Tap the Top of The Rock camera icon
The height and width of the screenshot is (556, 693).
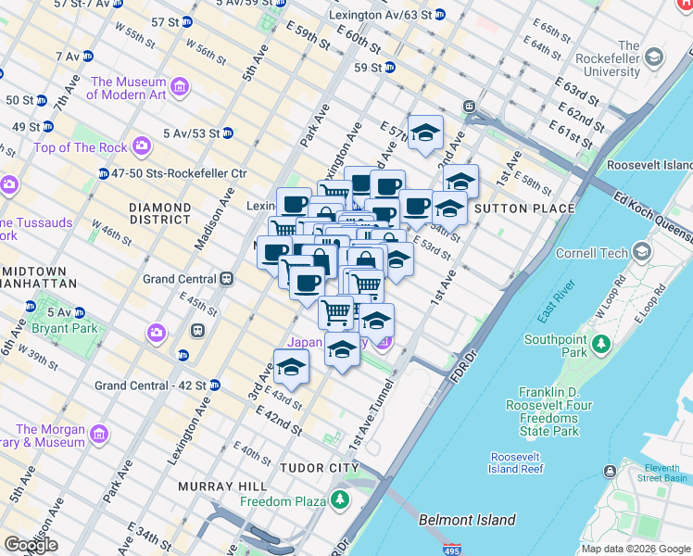(x=142, y=146)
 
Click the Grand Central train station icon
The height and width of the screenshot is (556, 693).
(x=226, y=279)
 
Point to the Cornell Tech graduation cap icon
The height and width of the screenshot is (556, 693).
(x=642, y=252)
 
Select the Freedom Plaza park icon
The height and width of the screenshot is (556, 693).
(x=341, y=501)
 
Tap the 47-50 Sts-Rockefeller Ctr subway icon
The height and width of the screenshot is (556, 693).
(x=103, y=173)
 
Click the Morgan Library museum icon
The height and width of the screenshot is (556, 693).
(x=98, y=434)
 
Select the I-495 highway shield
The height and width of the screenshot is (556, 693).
(x=452, y=549)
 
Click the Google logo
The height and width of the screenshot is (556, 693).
(x=31, y=545)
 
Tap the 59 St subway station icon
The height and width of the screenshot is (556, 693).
(x=390, y=68)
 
